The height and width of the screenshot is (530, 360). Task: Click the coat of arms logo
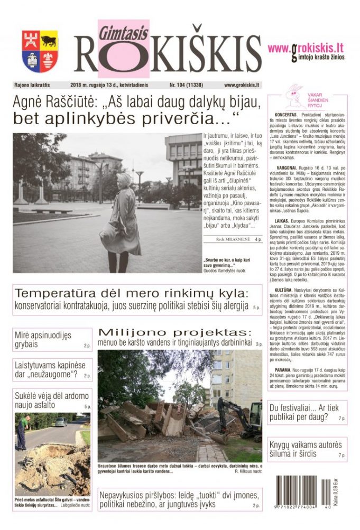click(x=40, y=51)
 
